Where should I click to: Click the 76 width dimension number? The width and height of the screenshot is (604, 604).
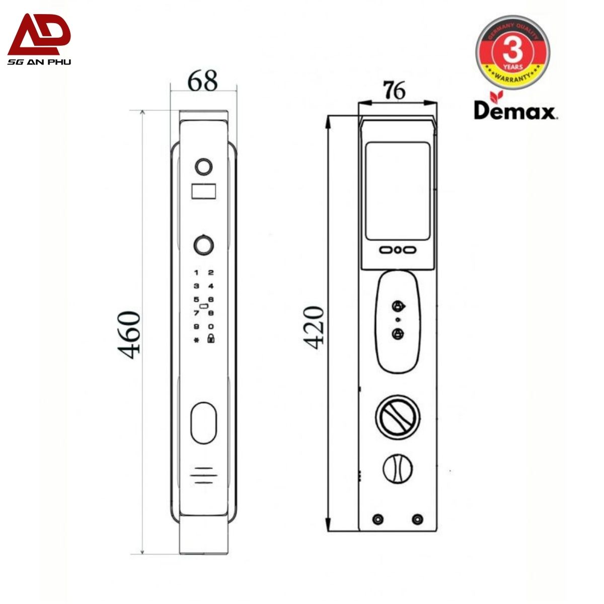point(394,90)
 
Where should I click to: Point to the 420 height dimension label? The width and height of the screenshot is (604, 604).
point(313,328)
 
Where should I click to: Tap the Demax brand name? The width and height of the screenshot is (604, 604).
point(515,111)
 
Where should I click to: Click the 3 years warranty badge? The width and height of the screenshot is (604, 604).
point(512,52)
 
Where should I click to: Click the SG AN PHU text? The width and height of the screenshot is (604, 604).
point(39,62)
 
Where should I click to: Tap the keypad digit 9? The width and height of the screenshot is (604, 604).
point(196,327)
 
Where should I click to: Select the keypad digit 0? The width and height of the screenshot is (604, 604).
point(211,327)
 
